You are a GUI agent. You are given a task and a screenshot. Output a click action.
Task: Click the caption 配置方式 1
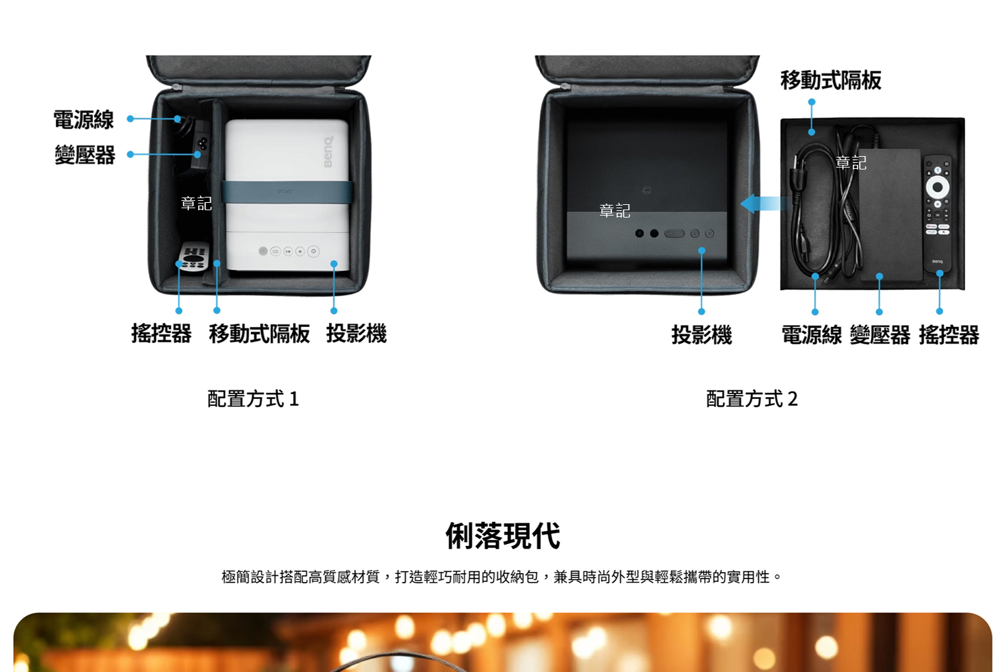tap(253, 398)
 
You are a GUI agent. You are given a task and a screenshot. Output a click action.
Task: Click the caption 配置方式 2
tap(751, 398)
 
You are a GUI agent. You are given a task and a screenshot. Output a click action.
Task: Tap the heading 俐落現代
tap(503, 535)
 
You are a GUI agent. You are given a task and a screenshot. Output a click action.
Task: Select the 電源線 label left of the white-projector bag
tap(83, 119)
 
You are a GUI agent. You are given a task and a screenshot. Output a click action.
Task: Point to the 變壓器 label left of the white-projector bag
tap(85, 155)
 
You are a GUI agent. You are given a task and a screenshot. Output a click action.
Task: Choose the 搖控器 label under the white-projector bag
tap(161, 333)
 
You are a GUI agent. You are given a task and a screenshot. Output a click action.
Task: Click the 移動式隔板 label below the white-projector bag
tap(259, 333)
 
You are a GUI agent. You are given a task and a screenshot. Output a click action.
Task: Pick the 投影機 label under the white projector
tap(356, 333)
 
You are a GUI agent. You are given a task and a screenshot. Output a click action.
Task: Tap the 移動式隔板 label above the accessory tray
tap(831, 81)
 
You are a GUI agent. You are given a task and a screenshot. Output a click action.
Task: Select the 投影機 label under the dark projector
tap(701, 334)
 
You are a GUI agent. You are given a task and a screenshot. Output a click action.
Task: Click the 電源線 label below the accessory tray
tap(811, 334)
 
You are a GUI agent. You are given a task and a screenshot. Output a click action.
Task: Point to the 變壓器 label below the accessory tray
tap(880, 334)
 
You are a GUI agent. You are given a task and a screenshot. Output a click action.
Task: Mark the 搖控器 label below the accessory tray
tap(949, 334)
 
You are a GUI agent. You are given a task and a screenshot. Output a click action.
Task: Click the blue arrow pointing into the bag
tap(763, 204)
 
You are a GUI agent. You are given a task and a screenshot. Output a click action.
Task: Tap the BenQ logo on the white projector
tap(328, 152)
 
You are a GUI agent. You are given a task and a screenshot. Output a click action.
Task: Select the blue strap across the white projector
tap(288, 192)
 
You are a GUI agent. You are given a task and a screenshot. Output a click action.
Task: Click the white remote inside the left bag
tap(194, 256)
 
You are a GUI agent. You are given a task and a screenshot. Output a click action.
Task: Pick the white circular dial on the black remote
tap(938, 187)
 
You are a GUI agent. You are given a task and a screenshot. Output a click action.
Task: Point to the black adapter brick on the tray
tap(890, 214)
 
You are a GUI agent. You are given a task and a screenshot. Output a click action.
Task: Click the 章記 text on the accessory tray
tap(851, 163)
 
